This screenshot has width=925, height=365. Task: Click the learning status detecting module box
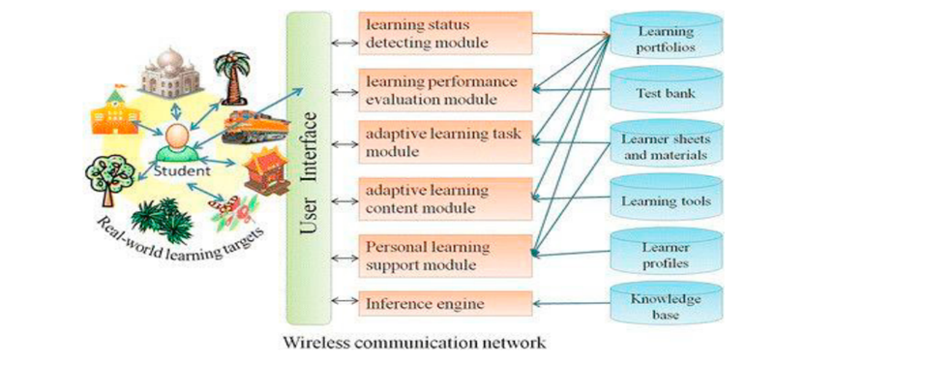coord(444,33)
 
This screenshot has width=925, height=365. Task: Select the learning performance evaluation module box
coord(444,88)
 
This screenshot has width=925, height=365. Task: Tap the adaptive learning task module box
coord(444,142)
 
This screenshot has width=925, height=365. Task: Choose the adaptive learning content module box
coord(444,198)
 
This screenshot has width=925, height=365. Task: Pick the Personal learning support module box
coord(444,254)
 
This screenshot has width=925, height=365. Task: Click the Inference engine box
coord(444,303)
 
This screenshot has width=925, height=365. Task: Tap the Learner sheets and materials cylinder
coord(666,146)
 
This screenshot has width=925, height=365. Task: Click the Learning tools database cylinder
coord(666,199)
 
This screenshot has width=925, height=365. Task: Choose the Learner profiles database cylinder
coord(666,254)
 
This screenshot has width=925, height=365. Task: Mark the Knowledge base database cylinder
coord(666,306)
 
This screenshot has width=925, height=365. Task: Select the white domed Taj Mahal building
coord(168,70)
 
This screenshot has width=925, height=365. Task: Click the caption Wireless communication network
coord(414,343)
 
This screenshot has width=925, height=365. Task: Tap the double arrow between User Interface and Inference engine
coord(338,303)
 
